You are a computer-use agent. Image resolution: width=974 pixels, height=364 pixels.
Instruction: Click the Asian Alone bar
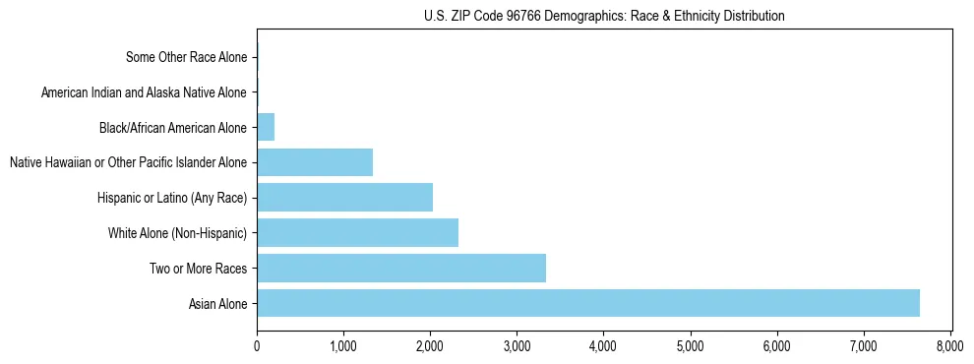(x=587, y=303)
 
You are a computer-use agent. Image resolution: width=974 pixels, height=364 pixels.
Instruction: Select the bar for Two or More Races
(x=400, y=268)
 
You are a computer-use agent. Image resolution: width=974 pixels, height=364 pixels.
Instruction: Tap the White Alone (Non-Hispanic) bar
(x=357, y=233)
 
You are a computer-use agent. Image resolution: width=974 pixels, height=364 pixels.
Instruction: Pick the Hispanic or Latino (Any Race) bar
(x=344, y=198)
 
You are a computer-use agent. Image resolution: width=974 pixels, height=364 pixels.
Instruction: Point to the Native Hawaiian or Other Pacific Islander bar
(x=315, y=162)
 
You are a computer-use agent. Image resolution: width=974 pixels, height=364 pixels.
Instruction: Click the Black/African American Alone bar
(x=266, y=127)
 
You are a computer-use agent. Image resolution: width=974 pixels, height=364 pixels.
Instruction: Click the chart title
(x=603, y=17)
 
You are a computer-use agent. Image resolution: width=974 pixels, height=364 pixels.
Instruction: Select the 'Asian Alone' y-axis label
(x=218, y=304)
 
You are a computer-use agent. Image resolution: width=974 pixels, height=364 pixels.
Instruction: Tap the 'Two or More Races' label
(x=199, y=269)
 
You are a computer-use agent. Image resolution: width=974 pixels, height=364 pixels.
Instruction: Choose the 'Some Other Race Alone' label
(x=187, y=57)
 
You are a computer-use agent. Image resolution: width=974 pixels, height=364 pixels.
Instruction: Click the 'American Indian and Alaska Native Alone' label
(x=144, y=92)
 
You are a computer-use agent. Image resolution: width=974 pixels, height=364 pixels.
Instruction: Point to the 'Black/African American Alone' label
(x=173, y=128)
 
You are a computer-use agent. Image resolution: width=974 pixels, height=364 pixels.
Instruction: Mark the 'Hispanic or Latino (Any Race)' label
(x=172, y=198)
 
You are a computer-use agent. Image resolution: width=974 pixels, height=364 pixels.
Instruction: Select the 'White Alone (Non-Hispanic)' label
(x=177, y=233)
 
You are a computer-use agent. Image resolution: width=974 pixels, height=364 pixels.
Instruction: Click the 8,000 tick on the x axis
(x=950, y=346)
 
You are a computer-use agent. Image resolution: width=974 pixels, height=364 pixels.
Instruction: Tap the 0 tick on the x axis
(x=257, y=346)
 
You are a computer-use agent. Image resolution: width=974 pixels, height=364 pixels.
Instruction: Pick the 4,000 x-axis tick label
(x=603, y=346)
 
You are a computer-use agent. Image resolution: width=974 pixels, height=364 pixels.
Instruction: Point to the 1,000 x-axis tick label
(x=343, y=346)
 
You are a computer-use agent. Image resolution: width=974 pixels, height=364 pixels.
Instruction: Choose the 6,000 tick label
(x=777, y=346)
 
